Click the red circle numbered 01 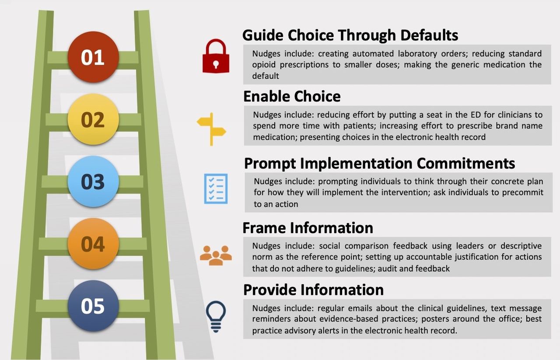tap(93, 57)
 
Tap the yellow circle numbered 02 tap(93, 119)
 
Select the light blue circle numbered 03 tap(93, 182)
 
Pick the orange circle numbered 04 tap(93, 244)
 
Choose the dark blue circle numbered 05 tap(93, 306)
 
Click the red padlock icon tap(216, 56)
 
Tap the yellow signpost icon tap(211, 129)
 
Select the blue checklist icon tap(216, 189)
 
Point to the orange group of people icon tap(216, 255)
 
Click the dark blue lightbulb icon tap(216, 317)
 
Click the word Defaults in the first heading tap(429, 35)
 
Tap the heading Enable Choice tap(292, 96)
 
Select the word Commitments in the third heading tap(466, 163)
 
